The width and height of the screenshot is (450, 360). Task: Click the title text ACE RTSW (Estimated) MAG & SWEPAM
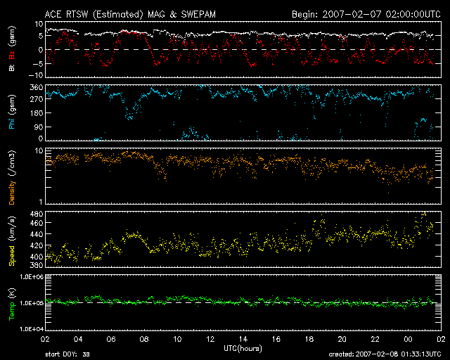(x=125, y=13)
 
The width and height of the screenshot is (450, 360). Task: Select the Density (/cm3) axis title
(x=12, y=176)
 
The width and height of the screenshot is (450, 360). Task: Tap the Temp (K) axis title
(x=12, y=302)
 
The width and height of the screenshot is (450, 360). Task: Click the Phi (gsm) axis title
(x=12, y=114)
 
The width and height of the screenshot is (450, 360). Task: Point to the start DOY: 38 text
(x=67, y=354)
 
